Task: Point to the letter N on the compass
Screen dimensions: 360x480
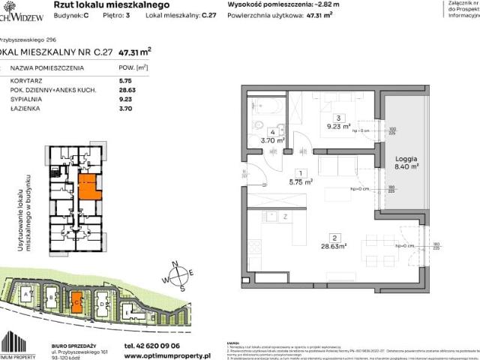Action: (173, 263)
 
